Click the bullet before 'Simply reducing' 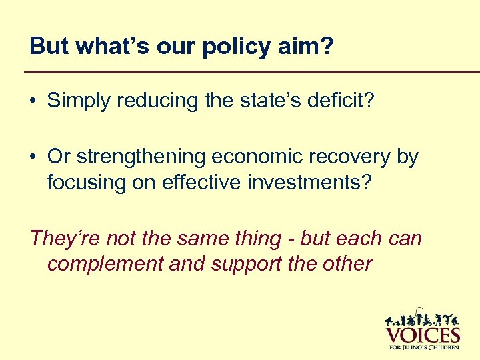(33, 101)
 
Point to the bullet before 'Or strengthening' (33, 157)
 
